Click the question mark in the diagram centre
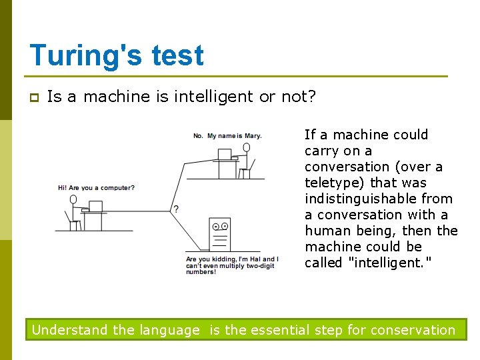point(176,209)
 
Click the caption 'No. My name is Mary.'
point(227,136)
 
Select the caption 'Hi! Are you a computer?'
point(96,188)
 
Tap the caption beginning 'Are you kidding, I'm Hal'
point(232,265)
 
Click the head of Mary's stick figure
point(247,147)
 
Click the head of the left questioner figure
point(73,199)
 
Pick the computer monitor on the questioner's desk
point(96,206)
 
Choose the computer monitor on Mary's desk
point(225,154)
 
